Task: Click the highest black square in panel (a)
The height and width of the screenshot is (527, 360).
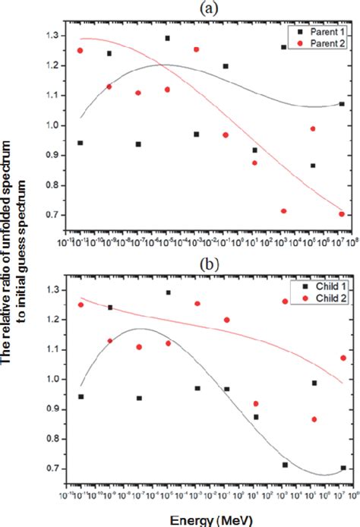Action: (x=167, y=38)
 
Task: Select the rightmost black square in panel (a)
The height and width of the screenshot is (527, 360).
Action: (x=342, y=104)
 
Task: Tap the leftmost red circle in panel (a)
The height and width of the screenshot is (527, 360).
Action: (x=80, y=50)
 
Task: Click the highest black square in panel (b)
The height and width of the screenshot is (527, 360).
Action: (x=168, y=292)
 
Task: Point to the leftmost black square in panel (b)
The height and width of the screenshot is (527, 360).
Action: (x=80, y=396)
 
